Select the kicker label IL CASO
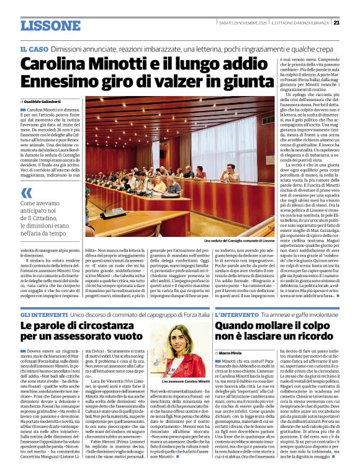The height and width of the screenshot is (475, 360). pos(34,48)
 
